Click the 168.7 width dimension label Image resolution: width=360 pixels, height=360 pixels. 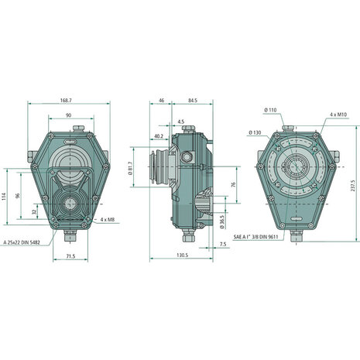[x=67, y=100]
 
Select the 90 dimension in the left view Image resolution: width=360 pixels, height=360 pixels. [x=68, y=115]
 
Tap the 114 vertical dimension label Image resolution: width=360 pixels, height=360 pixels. [x=3, y=196]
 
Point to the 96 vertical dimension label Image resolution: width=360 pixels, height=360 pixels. [x=18, y=196]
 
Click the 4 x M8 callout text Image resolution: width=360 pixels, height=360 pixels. [x=108, y=220]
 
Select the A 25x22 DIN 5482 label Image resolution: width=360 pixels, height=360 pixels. [x=22, y=243]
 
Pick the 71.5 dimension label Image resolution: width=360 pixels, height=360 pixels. [x=70, y=256]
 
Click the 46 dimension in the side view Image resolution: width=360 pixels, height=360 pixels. [x=161, y=101]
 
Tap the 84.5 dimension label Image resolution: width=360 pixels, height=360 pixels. [x=193, y=101]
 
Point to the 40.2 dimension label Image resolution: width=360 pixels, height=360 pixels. [x=158, y=135]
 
